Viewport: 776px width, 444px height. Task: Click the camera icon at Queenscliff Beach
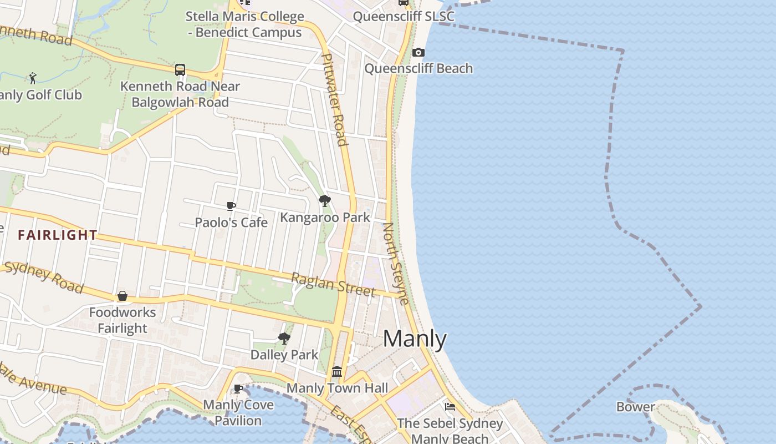[418, 53]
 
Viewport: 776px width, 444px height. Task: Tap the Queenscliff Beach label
[418, 68]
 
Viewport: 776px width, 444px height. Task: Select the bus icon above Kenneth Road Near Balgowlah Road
[180, 70]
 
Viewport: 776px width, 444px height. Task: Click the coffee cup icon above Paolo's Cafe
[231, 206]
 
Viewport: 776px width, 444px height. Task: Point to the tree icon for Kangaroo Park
[325, 201]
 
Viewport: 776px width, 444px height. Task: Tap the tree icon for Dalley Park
[284, 338]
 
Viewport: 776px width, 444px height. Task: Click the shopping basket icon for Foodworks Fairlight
[122, 296]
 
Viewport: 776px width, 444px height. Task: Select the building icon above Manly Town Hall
[337, 371]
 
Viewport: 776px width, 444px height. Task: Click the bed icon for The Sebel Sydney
[450, 407]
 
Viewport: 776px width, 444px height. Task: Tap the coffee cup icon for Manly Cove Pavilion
[238, 389]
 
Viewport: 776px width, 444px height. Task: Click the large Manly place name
[415, 339]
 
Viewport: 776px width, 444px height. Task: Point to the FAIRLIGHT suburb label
[58, 235]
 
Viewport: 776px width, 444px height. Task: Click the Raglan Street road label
[333, 284]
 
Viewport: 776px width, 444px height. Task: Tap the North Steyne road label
[396, 264]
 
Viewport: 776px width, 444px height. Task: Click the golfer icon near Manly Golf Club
[33, 78]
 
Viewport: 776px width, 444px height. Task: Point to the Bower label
[635, 407]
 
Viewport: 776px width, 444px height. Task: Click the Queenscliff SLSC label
[404, 16]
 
